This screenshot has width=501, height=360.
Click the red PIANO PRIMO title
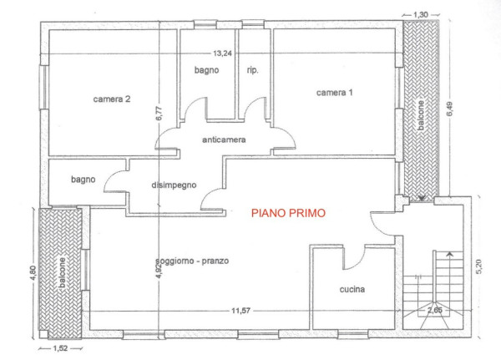point(288,213)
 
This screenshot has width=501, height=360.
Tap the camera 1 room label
point(335,93)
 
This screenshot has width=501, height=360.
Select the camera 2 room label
point(112,99)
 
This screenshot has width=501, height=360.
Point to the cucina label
point(352,289)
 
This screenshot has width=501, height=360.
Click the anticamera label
point(224,139)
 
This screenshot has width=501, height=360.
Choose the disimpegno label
point(174,185)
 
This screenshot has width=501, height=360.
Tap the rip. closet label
point(252,70)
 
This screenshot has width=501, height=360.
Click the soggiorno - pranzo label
point(193,261)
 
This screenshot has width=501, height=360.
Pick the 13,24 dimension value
point(222,53)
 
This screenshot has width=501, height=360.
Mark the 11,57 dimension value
point(241,311)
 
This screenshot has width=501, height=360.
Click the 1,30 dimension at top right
point(421,15)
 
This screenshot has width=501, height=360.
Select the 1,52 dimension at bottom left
point(60,348)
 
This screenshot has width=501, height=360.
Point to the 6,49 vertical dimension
point(449,109)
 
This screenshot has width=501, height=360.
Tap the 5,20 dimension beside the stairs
point(479,266)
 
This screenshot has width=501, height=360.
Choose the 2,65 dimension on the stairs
point(435,310)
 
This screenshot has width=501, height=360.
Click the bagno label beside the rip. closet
point(207,70)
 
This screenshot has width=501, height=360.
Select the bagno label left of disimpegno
point(83,180)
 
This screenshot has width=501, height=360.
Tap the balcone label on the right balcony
point(421,115)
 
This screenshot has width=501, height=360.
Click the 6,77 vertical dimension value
point(159,113)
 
